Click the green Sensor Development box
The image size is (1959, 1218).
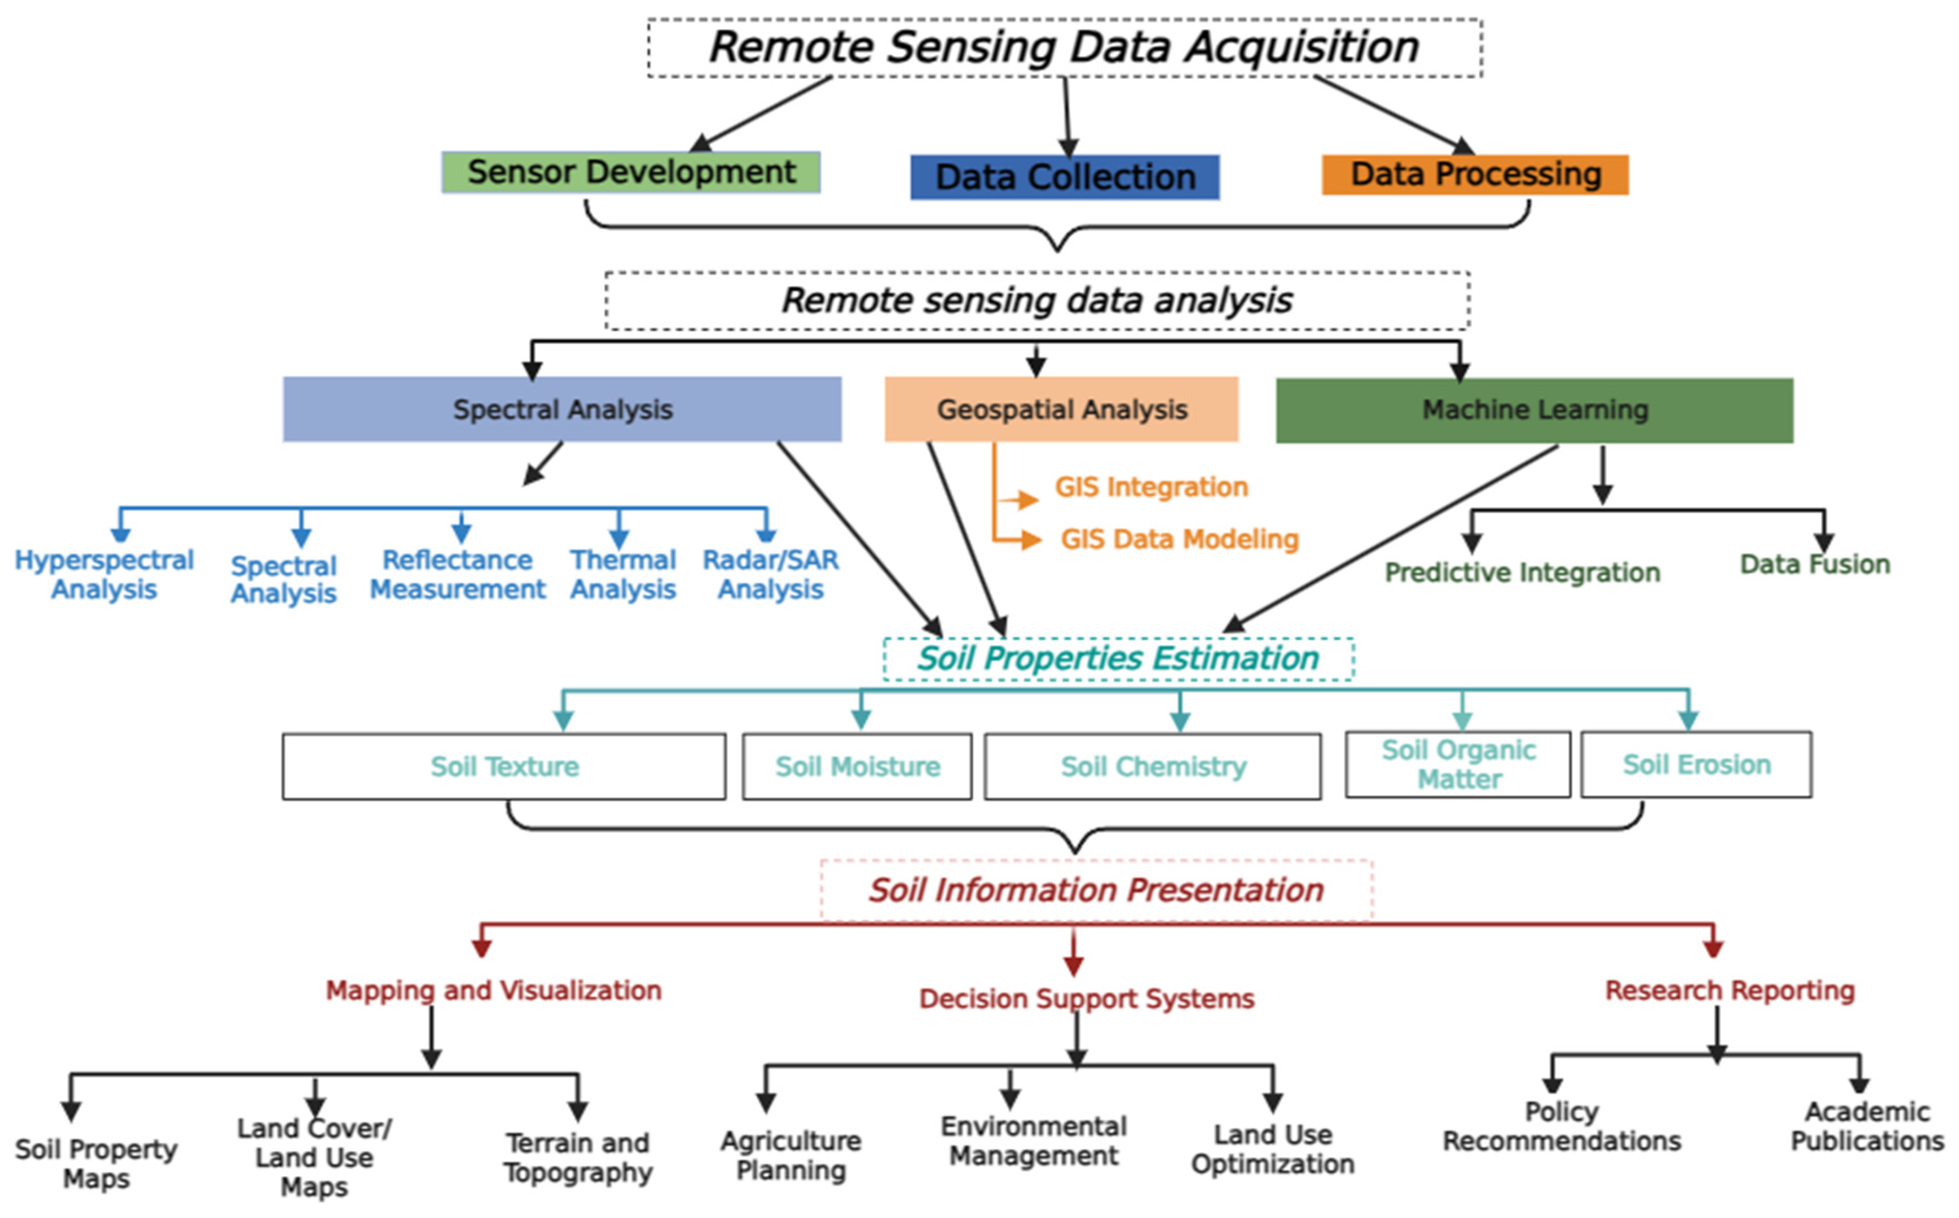631,172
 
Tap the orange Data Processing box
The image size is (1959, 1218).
1474,175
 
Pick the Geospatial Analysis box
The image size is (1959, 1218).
1061,409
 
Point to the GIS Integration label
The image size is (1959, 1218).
1151,487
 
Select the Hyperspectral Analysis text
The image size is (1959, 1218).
104,574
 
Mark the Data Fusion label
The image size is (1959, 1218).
1814,564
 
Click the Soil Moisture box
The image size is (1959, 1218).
857,766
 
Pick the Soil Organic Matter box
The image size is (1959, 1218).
1458,764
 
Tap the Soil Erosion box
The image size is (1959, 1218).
1696,764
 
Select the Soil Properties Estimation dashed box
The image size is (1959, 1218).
1117,658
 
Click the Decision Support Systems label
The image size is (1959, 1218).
1086,998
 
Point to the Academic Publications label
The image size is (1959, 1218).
1866,1125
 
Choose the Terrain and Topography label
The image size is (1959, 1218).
578,1157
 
